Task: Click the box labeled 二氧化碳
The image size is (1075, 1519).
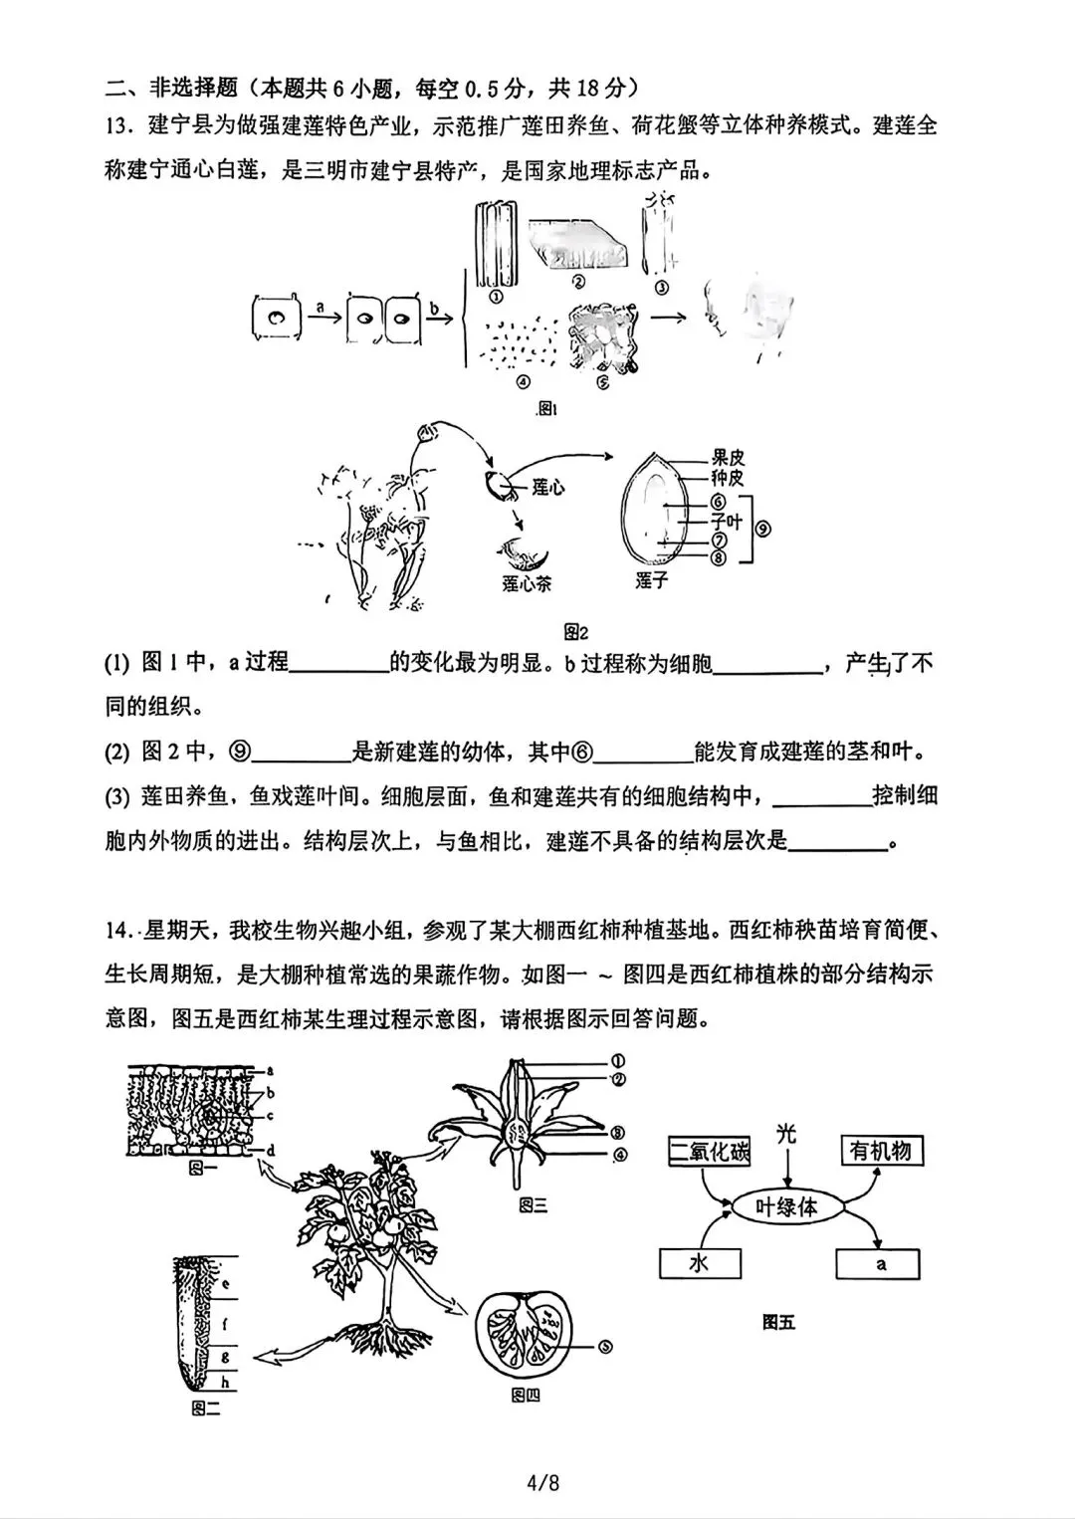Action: (x=709, y=1152)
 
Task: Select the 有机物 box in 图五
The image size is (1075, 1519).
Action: (x=881, y=1151)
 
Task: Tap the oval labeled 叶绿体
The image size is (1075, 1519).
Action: (x=786, y=1206)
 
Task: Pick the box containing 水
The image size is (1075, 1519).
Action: (x=700, y=1263)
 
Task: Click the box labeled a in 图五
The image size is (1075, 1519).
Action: (x=878, y=1264)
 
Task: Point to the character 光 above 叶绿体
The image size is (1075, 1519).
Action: (x=786, y=1133)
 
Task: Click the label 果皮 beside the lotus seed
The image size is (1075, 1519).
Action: (x=728, y=458)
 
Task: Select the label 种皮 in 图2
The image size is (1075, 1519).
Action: (x=728, y=478)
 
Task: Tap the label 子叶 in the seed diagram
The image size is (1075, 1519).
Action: (x=728, y=521)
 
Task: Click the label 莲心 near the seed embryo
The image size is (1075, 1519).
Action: (x=548, y=488)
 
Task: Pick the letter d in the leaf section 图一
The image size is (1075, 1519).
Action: (x=270, y=1150)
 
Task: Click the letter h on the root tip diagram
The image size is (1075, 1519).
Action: (x=226, y=1382)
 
